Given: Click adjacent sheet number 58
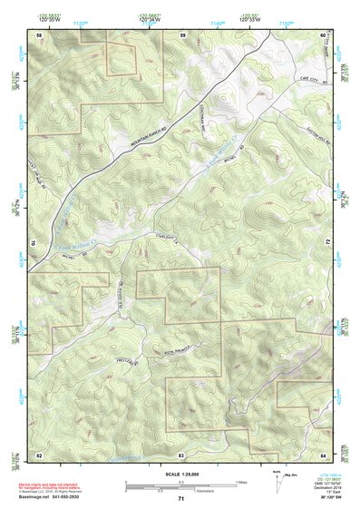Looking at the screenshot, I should pyautogui.click(x=39, y=34).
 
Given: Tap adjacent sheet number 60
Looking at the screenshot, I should pyautogui.click(x=323, y=34).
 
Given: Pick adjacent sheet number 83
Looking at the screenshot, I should pyautogui.click(x=181, y=454).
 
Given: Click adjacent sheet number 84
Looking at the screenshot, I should pyautogui.click(x=323, y=454).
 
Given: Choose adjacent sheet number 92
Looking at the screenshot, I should pyautogui.click(x=39, y=454).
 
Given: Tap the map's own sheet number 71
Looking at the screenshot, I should pyautogui.click(x=181, y=500).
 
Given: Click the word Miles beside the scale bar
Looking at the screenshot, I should pyautogui.click(x=240, y=482).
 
